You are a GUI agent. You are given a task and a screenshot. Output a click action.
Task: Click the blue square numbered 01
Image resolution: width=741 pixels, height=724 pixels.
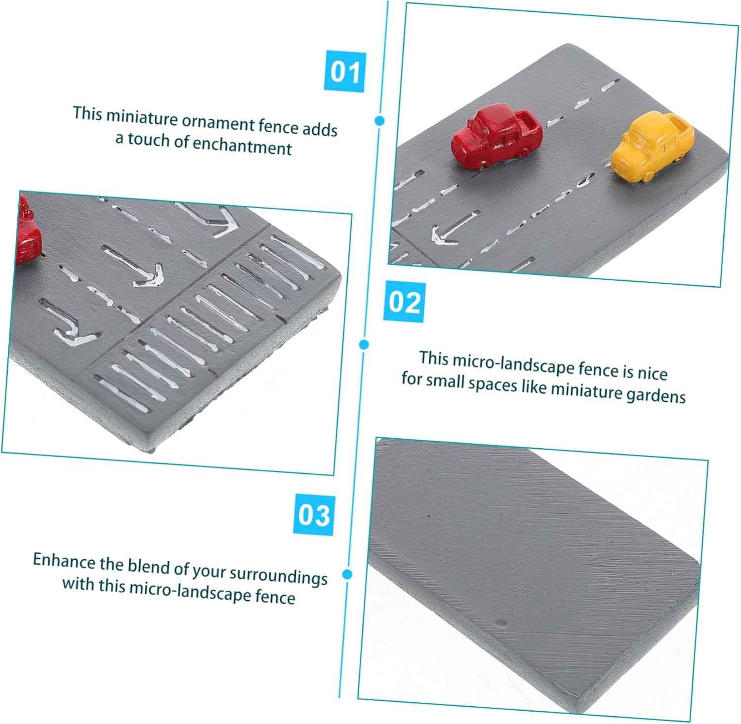click(345, 72)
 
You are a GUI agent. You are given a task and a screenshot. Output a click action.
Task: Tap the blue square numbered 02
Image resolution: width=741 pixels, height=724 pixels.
click(405, 301)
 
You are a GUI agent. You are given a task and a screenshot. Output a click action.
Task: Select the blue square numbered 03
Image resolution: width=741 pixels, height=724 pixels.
click(314, 514)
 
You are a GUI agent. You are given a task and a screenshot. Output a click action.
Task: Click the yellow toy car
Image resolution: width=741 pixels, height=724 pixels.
click(652, 147)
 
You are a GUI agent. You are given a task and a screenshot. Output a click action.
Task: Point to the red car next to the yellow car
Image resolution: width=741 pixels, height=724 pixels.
click(496, 136)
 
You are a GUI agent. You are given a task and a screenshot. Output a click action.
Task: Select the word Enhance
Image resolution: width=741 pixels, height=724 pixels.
click(64, 561)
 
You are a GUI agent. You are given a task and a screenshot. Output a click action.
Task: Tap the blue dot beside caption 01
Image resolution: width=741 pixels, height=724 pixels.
click(379, 120)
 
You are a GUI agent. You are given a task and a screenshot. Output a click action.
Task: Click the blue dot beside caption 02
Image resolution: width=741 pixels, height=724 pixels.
click(364, 344)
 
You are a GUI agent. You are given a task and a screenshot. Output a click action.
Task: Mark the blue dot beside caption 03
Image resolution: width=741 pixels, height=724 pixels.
click(347, 574)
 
